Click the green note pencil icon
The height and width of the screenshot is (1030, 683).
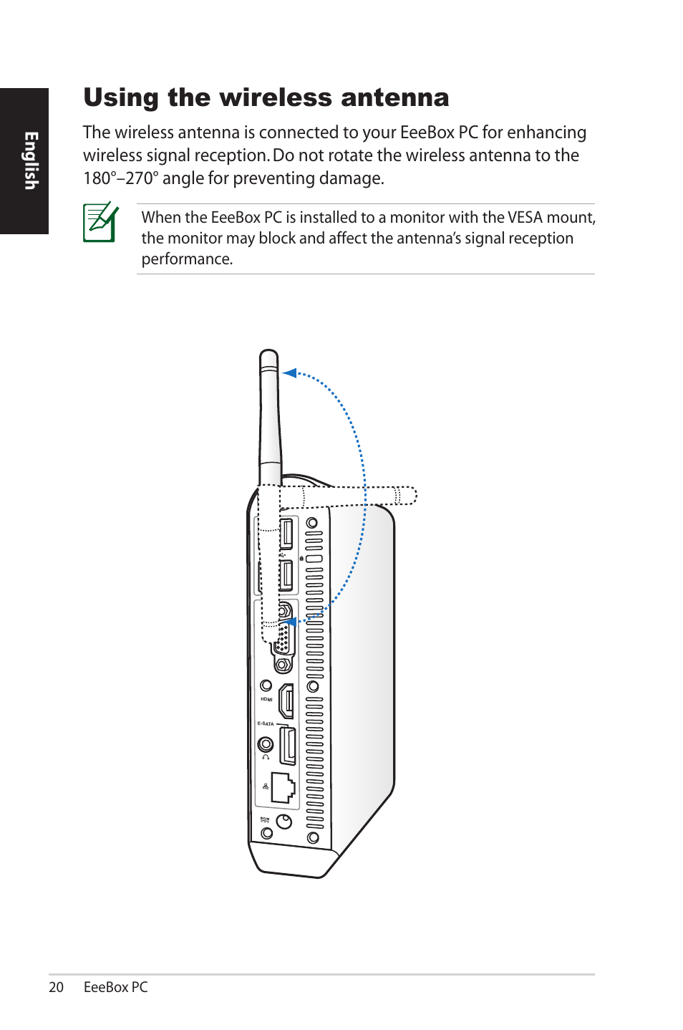[x=100, y=222]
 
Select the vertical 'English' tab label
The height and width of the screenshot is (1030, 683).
[x=30, y=160]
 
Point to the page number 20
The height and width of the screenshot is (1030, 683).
[x=56, y=987]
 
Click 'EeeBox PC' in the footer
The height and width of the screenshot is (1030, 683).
[x=115, y=987]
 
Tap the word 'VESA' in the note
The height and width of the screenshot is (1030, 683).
[x=525, y=218]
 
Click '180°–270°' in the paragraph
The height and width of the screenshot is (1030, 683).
[x=120, y=178]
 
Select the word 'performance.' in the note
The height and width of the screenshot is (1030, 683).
[x=187, y=259]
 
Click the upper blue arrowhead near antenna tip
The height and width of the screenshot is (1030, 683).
[x=289, y=372]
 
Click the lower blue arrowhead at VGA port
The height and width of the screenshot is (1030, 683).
[x=290, y=622]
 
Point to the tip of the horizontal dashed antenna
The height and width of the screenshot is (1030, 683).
[x=412, y=496]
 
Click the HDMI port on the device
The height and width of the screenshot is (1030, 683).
[x=286, y=701]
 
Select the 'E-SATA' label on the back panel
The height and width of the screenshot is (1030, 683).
[x=266, y=723]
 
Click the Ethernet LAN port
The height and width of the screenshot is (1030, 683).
[x=283, y=788]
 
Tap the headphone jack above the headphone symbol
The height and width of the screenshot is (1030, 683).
[x=266, y=744]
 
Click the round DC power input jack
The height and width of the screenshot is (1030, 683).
[x=284, y=822]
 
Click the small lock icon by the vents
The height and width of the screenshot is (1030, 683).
[x=301, y=558]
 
